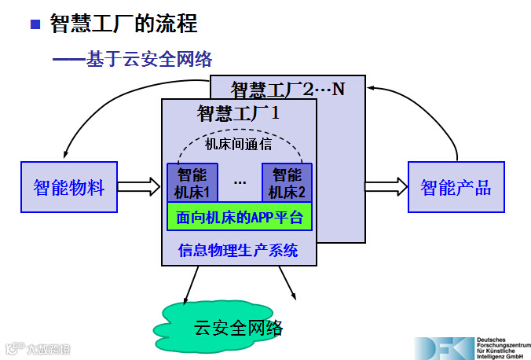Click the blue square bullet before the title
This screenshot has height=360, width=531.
35,24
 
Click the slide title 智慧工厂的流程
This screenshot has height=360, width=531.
123,24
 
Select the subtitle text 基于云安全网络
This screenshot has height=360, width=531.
149,59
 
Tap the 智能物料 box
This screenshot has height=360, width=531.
69,187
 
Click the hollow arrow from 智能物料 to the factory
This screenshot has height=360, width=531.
139,187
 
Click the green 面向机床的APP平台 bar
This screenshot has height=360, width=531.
240,217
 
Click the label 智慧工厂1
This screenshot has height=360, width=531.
239,112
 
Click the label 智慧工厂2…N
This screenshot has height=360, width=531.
287,88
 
